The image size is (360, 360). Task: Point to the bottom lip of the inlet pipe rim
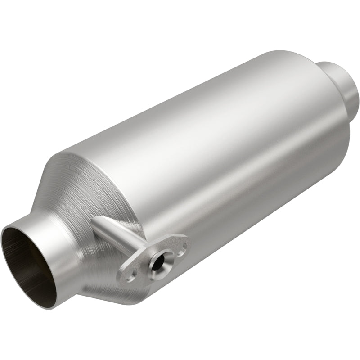(43, 306)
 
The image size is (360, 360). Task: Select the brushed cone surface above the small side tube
(90, 189)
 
